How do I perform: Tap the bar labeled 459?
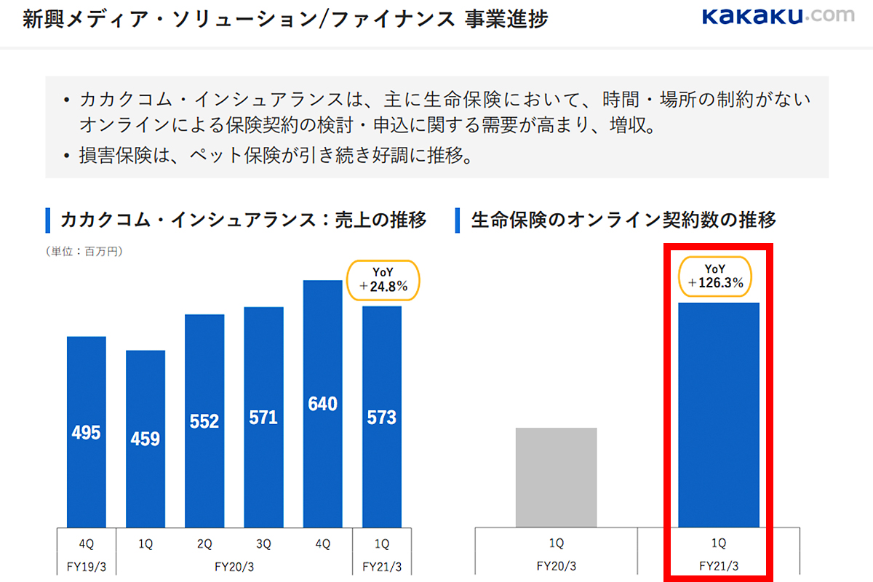pos(145,439)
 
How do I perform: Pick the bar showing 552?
pos(204,420)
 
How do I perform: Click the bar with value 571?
pos(263,417)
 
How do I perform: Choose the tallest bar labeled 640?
pos(322,404)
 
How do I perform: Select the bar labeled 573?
pos(382,417)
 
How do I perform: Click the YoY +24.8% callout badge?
pos(383,280)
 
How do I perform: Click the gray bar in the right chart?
pos(557,477)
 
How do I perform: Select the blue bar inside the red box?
pos(718,415)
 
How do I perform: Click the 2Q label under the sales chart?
pos(204,543)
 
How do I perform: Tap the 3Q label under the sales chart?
pos(263,543)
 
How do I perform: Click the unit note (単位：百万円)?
pos(84,252)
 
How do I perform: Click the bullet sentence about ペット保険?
pos(273,156)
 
